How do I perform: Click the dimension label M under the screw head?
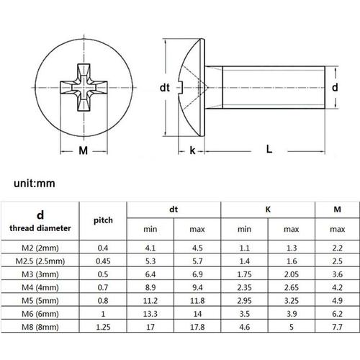tap(83, 150)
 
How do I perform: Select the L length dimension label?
tap(269, 149)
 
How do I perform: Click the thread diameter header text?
tap(40, 228)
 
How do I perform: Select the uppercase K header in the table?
tap(267, 209)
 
